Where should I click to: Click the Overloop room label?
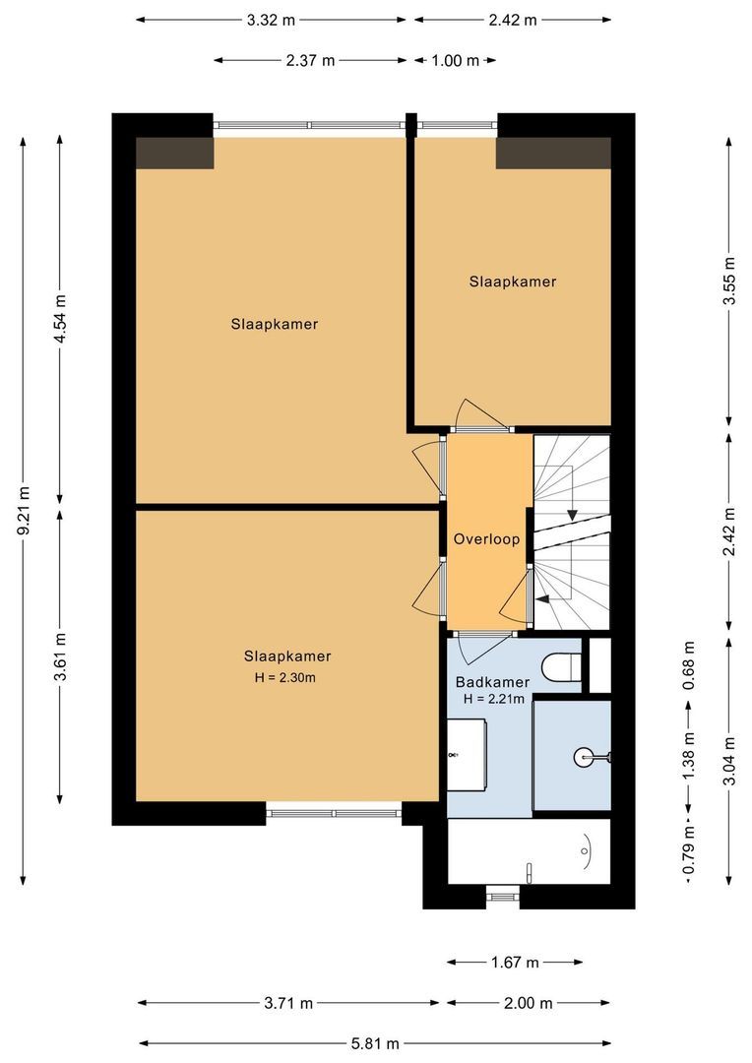click(x=486, y=539)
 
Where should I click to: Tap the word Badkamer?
click(x=492, y=682)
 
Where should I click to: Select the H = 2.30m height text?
click(x=287, y=677)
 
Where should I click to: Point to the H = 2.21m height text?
click(x=492, y=699)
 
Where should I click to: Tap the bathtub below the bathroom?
click(x=529, y=851)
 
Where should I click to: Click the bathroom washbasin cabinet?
click(x=468, y=754)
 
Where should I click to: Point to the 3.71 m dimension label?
click(x=288, y=1003)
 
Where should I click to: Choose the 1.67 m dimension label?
click(x=515, y=962)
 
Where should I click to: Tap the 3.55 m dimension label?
click(x=729, y=281)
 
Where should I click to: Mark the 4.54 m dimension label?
click(x=60, y=319)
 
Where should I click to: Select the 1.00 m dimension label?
click(x=455, y=60)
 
